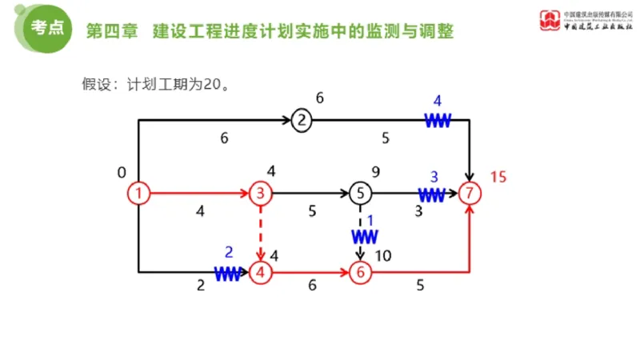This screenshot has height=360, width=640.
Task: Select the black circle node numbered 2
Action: [302, 121]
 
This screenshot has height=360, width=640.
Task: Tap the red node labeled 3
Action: [261, 193]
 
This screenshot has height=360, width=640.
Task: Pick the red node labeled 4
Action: [261, 272]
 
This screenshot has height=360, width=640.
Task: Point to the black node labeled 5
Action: [361, 193]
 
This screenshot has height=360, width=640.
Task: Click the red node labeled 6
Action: [361, 272]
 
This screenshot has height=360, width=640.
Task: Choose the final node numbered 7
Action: [472, 193]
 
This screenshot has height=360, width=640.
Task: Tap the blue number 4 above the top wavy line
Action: [437, 101]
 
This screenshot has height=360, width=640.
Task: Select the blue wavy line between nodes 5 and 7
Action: [432, 194]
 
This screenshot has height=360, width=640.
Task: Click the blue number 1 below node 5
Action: [370, 219]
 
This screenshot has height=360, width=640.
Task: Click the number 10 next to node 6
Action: [382, 256]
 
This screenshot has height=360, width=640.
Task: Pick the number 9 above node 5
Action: [374, 171]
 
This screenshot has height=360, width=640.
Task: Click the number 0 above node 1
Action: [122, 172]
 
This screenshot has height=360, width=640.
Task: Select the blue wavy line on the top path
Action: [438, 121]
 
